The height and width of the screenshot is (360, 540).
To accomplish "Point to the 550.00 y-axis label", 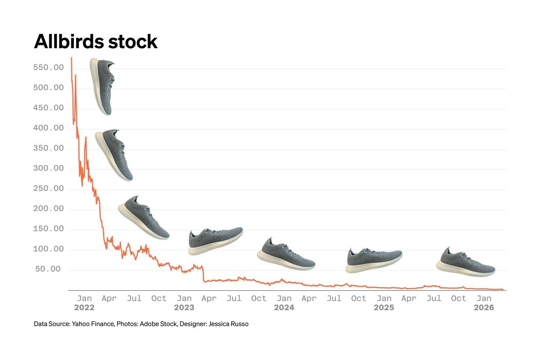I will [x=49, y=68].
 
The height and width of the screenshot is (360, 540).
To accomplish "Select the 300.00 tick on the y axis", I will [x=49, y=168].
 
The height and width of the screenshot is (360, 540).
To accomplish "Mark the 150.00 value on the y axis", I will [x=49, y=229].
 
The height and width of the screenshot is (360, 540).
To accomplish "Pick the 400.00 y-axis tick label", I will [x=49, y=128].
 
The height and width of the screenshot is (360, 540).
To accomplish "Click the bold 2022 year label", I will [x=84, y=308].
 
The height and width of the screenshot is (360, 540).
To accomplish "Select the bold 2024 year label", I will [x=284, y=308].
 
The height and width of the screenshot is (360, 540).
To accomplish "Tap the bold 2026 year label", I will [x=483, y=308].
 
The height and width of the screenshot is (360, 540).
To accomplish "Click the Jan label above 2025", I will [x=384, y=299].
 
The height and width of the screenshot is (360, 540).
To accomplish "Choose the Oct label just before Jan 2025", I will [x=359, y=299].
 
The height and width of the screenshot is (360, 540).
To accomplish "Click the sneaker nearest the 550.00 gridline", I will [x=102, y=86].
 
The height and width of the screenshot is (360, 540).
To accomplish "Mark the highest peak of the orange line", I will [x=72, y=58].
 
